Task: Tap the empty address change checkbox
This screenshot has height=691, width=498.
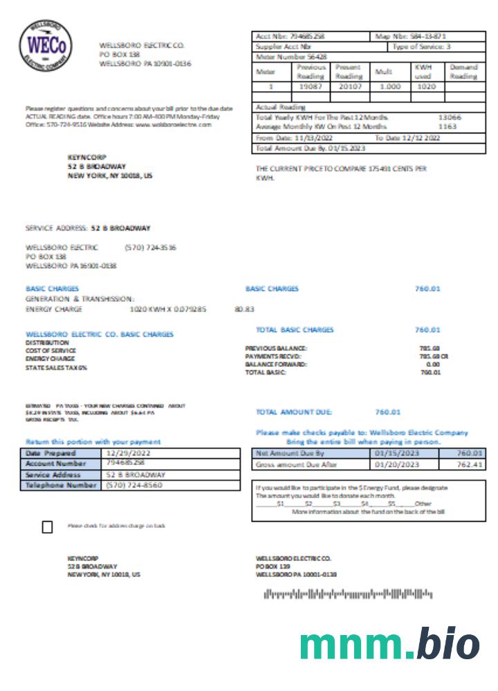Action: coord(47,527)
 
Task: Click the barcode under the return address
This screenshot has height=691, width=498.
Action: coord(347,594)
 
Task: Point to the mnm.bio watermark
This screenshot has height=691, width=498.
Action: coord(389,644)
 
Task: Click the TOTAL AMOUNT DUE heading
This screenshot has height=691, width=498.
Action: coord(294,412)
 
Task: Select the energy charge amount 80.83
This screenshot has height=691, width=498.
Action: coord(244,310)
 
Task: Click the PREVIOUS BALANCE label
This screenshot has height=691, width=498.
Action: coord(276,348)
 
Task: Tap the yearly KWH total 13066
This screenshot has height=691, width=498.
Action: coord(450,117)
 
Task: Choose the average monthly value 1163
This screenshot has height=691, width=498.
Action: coord(448,127)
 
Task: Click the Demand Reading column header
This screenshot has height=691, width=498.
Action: coord(463,72)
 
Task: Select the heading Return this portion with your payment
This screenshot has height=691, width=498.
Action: coord(93,442)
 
